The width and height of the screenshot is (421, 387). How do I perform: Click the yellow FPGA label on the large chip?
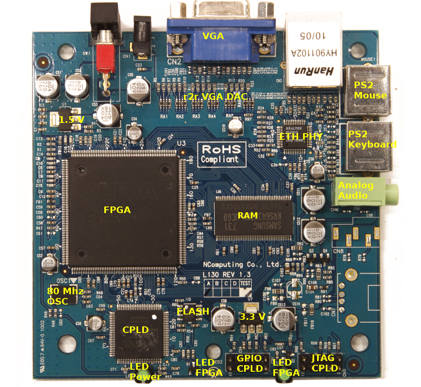click(x=117, y=210)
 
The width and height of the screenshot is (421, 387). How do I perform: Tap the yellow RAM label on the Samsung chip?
click(x=248, y=216)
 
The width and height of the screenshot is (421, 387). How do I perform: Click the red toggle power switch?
click(x=106, y=58)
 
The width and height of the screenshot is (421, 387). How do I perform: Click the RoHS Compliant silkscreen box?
click(x=221, y=154)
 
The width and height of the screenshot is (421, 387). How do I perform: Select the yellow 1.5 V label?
click(x=71, y=120)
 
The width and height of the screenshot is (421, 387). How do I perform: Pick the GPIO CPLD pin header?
click(x=246, y=363)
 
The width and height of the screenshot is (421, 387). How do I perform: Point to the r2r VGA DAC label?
click(x=215, y=97)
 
